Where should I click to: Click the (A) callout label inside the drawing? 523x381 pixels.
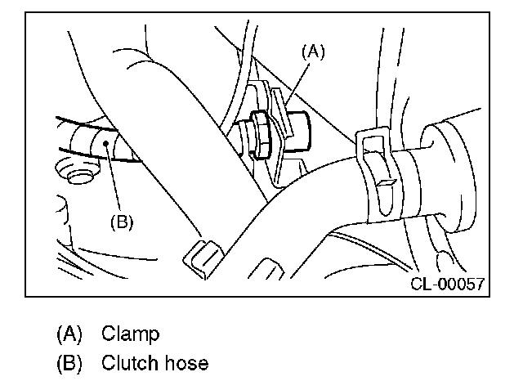313,52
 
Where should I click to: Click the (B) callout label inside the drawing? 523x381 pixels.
121,221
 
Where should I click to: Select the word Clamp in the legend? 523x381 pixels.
130,334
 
